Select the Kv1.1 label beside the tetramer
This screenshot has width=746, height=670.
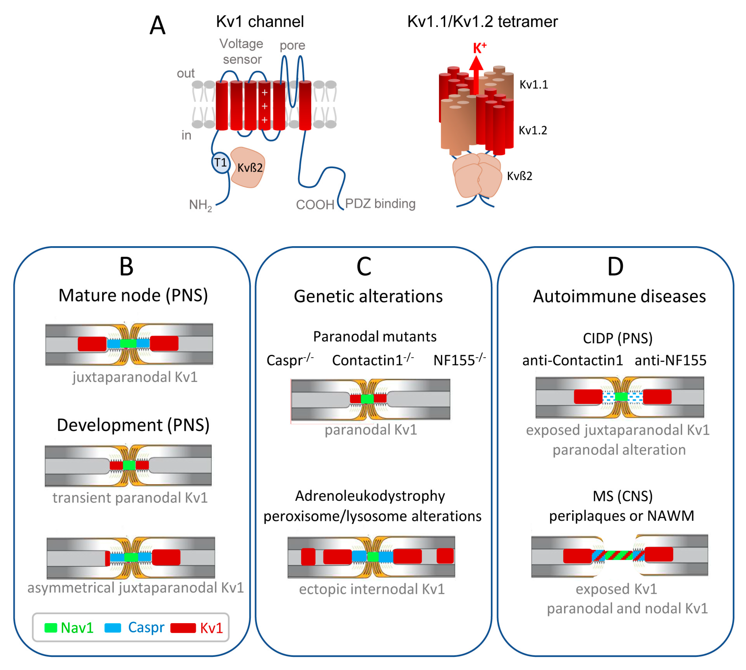(x=533, y=85)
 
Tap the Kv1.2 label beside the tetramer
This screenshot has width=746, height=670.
(x=533, y=130)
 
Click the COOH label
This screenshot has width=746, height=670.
(x=315, y=205)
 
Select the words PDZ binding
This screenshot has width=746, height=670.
(x=380, y=204)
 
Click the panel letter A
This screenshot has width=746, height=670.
(x=157, y=26)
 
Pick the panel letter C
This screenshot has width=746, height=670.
(x=364, y=267)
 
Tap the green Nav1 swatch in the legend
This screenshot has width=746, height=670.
(x=51, y=628)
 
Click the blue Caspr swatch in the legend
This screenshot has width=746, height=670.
(x=113, y=628)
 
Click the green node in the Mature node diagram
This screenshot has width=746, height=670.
(x=128, y=343)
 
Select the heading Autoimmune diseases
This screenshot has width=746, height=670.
(x=619, y=296)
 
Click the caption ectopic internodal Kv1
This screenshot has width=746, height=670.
(x=371, y=589)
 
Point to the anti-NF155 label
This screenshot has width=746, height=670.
(x=670, y=360)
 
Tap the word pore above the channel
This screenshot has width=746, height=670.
(x=292, y=45)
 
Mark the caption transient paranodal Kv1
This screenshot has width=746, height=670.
(x=130, y=498)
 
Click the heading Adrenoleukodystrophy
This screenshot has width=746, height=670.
(x=370, y=496)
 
